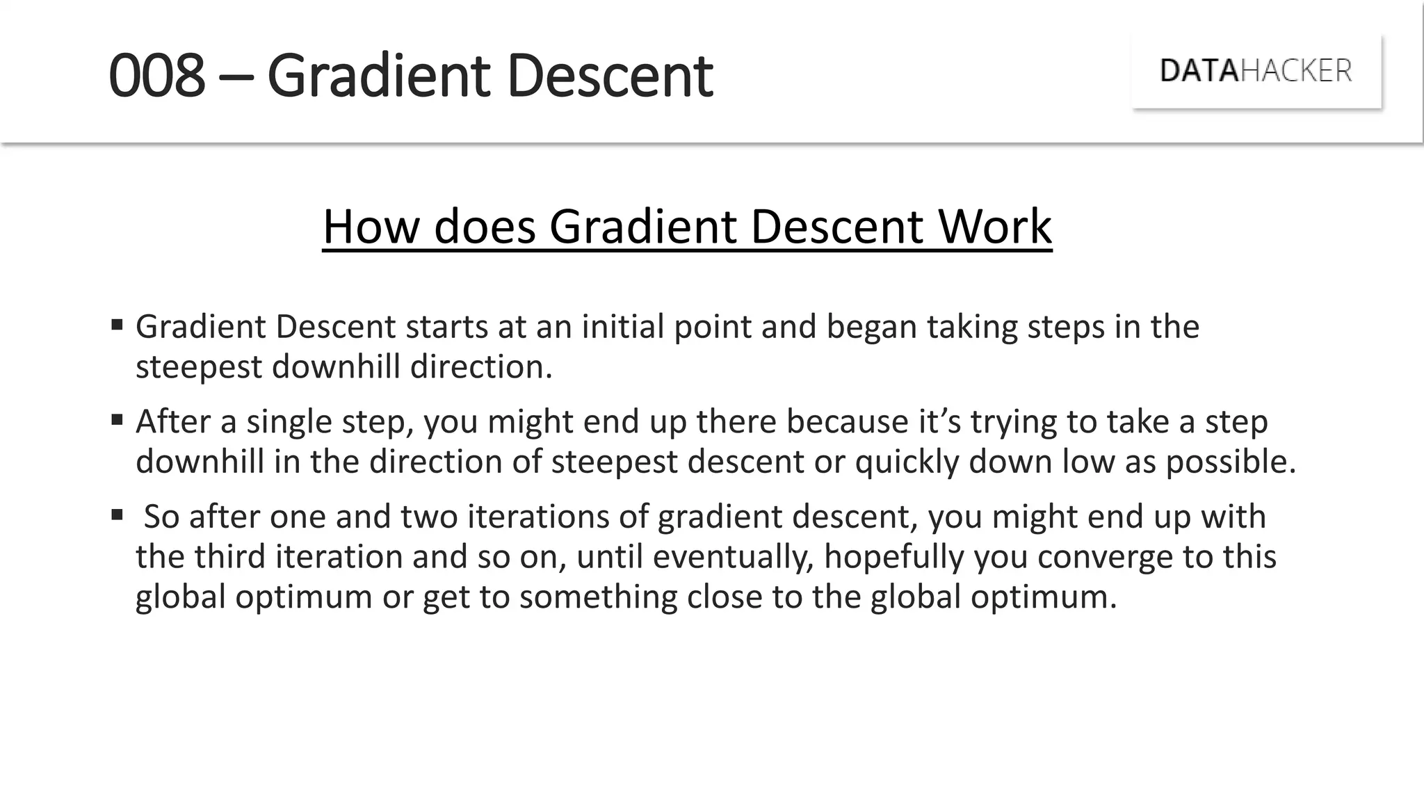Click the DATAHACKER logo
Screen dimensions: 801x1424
click(x=1256, y=71)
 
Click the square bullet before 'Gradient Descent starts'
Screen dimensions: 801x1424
click(x=117, y=324)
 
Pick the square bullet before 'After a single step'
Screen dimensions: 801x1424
click(x=117, y=419)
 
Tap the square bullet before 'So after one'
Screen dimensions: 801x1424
click(x=117, y=515)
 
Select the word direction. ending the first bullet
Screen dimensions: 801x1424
click(x=481, y=366)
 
